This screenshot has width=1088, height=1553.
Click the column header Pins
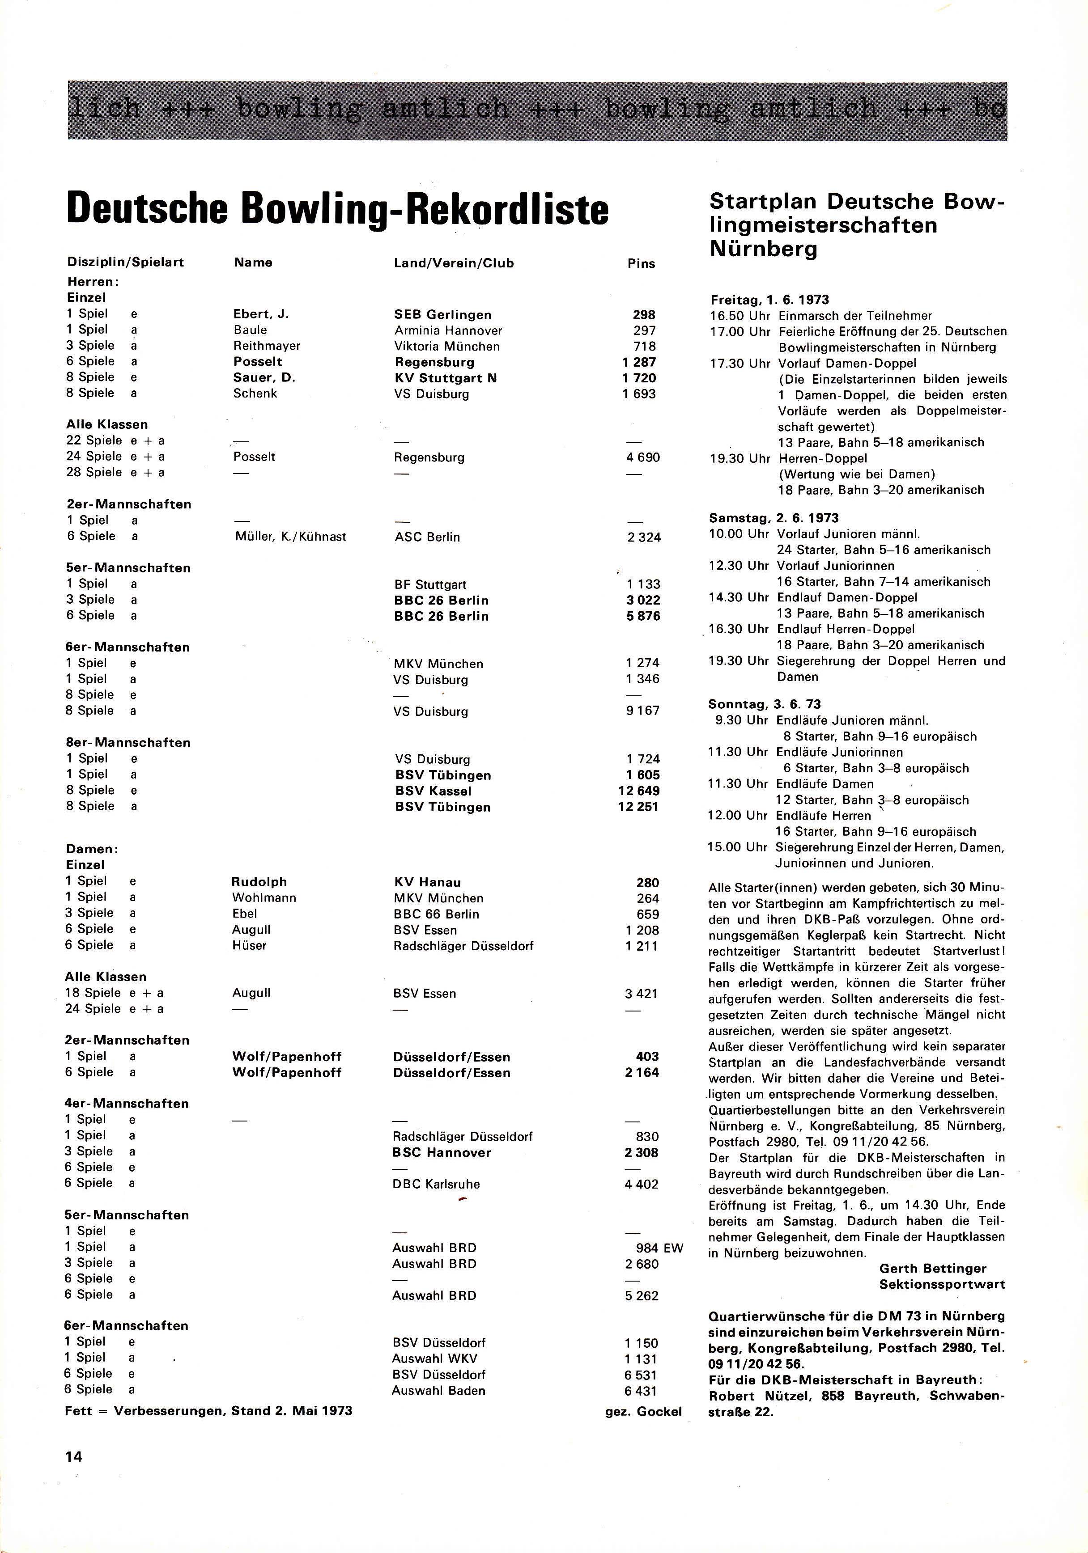point(641,264)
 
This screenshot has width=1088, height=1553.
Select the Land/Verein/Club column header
point(453,263)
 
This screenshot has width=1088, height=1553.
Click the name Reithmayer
point(267,346)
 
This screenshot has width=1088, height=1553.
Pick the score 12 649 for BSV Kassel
point(638,791)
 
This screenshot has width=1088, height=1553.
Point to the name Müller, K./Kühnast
point(289,537)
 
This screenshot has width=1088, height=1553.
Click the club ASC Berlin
point(427,537)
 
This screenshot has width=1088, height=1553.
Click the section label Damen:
point(92,849)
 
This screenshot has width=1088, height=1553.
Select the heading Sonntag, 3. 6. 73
point(765,704)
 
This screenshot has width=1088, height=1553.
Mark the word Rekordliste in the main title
point(493,210)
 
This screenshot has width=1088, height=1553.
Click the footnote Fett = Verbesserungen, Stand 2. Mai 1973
point(208,1411)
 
